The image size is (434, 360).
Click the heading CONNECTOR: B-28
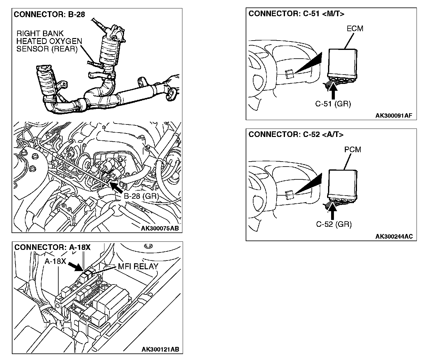pyautogui.click(x=50, y=14)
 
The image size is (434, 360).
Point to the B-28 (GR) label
pyautogui.click(x=142, y=196)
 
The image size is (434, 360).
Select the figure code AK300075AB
pyautogui.click(x=160, y=228)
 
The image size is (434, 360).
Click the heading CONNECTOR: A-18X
pyautogui.click(x=52, y=247)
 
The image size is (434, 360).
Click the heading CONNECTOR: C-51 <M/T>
pyautogui.click(x=296, y=13)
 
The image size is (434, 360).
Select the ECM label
pyautogui.click(x=355, y=28)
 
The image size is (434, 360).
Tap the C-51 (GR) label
pyautogui.click(x=333, y=104)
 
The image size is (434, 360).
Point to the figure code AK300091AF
pyautogui.click(x=394, y=116)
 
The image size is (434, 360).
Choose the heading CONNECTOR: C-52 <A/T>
pyautogui.click(x=296, y=134)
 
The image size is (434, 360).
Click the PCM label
pyautogui.click(x=353, y=149)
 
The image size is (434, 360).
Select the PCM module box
pyautogui.click(x=343, y=183)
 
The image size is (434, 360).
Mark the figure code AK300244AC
pyautogui.click(x=394, y=236)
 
